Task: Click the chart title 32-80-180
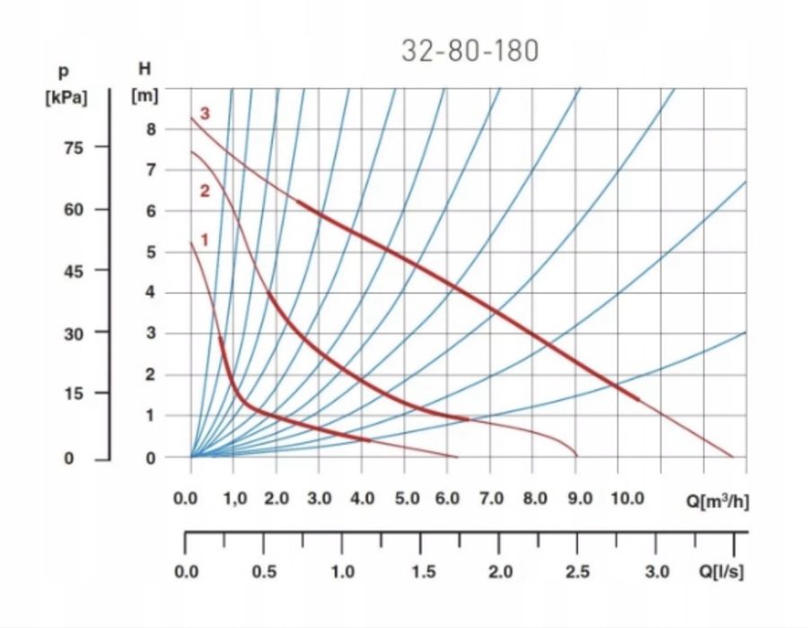tap(470, 50)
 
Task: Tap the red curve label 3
tap(206, 114)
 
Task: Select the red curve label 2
tap(205, 190)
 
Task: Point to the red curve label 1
tap(205, 240)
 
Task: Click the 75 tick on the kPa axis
tap(71, 148)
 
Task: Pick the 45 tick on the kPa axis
tap(71, 270)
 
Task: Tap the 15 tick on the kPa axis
tap(71, 394)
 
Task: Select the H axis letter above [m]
tap(145, 69)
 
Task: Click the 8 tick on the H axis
tap(150, 128)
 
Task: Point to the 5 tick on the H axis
tap(150, 252)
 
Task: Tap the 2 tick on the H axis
tap(150, 375)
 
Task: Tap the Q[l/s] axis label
tap(720, 572)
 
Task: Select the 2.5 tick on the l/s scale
tap(577, 572)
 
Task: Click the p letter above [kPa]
tap(64, 71)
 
